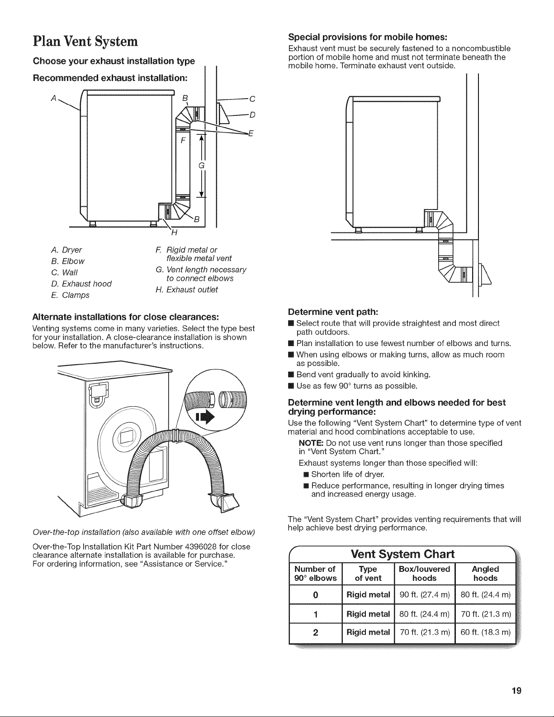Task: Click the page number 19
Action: (x=517, y=691)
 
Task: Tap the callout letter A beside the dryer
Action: (x=54, y=98)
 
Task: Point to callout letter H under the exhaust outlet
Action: (x=174, y=233)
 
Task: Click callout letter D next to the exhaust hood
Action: (x=252, y=115)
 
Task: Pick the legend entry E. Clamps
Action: (x=70, y=295)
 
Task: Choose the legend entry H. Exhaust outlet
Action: (x=187, y=290)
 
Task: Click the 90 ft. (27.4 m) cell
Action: (x=425, y=594)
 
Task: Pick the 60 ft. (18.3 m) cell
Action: (x=485, y=632)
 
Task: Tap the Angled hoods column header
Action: (x=485, y=574)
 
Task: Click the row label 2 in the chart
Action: (x=316, y=632)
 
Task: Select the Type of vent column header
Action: (x=368, y=574)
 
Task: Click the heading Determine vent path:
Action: (x=333, y=312)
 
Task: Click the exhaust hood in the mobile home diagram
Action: (x=485, y=274)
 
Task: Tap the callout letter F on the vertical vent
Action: (x=183, y=141)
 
